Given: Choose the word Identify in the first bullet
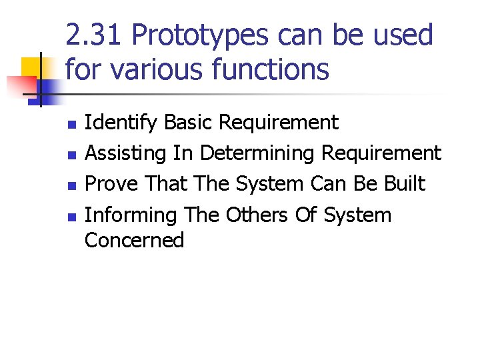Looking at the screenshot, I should coord(121,123).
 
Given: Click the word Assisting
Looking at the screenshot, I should coord(126,153).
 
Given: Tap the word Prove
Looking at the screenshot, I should coord(111,184).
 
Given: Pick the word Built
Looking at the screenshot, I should coord(405,184).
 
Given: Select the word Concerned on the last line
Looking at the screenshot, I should coord(134,240).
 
